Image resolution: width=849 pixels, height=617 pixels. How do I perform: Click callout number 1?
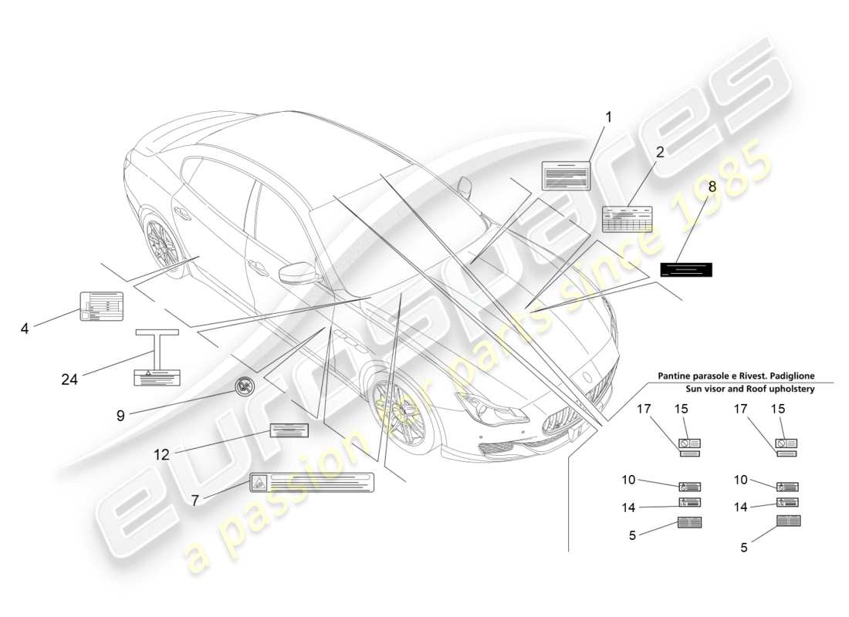pyautogui.click(x=608, y=117)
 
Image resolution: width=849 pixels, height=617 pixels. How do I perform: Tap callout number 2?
pyautogui.click(x=660, y=153)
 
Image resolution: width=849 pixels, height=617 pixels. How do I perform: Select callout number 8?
pyautogui.click(x=711, y=187)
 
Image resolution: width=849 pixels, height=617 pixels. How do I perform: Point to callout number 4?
pyautogui.click(x=25, y=329)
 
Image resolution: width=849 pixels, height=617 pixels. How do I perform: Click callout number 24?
pyautogui.click(x=70, y=379)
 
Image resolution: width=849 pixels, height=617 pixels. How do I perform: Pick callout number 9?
pyautogui.click(x=120, y=415)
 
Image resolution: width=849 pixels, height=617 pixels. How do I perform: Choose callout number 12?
pyautogui.click(x=161, y=455)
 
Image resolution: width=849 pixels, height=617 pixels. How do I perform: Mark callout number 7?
pyautogui.click(x=195, y=501)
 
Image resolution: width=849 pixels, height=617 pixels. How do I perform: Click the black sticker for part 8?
pyautogui.click(x=686, y=269)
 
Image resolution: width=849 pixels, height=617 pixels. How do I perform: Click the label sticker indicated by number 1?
pyautogui.click(x=566, y=176)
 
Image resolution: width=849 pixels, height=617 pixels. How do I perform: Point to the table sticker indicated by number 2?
pyautogui.click(x=627, y=219)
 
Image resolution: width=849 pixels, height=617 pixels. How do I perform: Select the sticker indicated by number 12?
pyautogui.click(x=289, y=430)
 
